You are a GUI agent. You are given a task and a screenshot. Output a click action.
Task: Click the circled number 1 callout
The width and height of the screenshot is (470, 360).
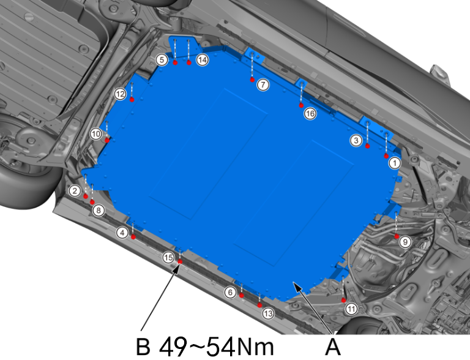[395, 163]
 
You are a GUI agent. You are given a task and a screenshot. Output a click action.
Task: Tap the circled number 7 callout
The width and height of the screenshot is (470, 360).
[263, 85]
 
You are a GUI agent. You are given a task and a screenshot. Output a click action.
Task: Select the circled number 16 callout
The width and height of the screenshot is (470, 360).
[310, 114]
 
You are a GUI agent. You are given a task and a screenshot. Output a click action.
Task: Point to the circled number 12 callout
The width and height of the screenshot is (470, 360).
[120, 94]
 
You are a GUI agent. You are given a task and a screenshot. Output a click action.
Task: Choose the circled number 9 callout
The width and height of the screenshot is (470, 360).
[405, 242]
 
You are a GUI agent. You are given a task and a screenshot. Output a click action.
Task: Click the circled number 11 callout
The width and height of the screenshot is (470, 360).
[351, 309]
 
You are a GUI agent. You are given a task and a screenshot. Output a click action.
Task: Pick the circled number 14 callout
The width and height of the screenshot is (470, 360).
[203, 60]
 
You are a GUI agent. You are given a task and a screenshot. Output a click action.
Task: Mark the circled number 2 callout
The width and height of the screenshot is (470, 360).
[75, 190]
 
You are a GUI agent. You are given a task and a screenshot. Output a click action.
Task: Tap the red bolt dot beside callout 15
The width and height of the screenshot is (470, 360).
[180, 261]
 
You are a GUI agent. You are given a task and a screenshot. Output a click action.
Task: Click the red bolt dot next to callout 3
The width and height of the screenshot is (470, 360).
[367, 146]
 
